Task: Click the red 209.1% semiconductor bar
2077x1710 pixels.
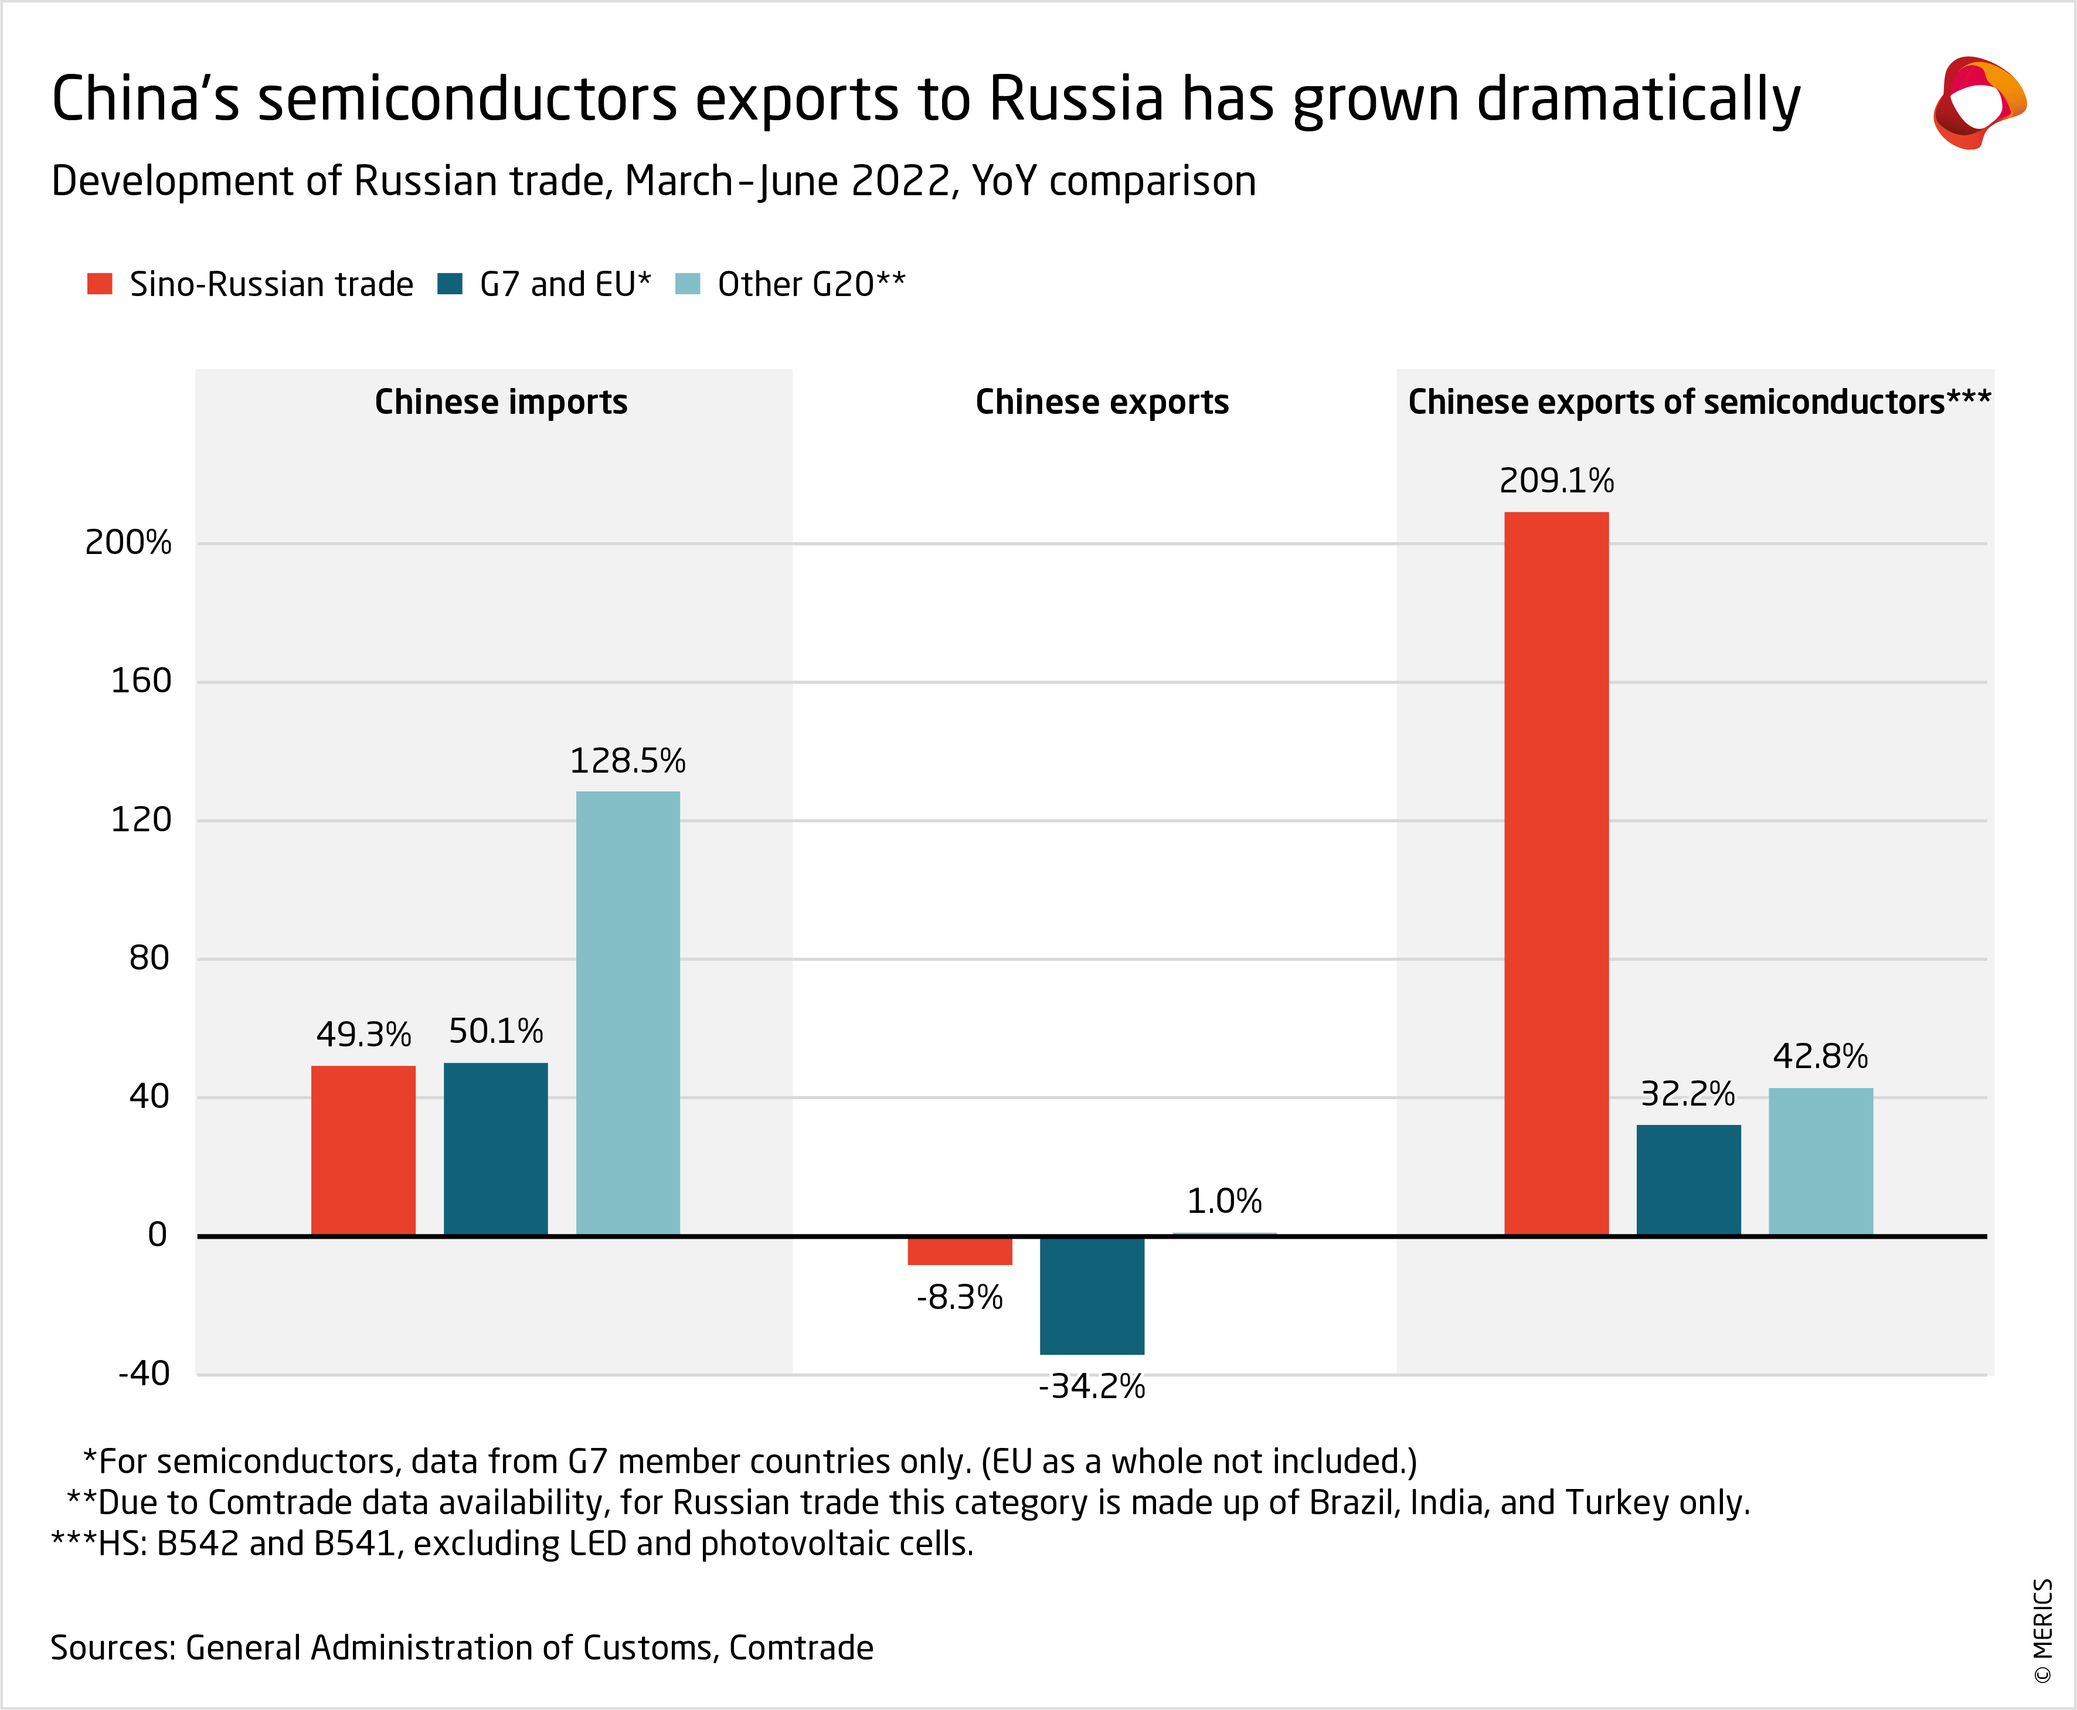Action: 1556,872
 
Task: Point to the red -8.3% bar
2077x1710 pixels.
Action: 959,1250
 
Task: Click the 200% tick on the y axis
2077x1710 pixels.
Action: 128,543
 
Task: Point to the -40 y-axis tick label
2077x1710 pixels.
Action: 144,1373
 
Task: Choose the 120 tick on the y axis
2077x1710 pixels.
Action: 141,820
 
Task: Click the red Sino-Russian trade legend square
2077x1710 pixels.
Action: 100,284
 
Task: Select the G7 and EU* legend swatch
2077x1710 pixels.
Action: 450,284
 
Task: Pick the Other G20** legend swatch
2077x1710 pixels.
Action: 688,284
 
